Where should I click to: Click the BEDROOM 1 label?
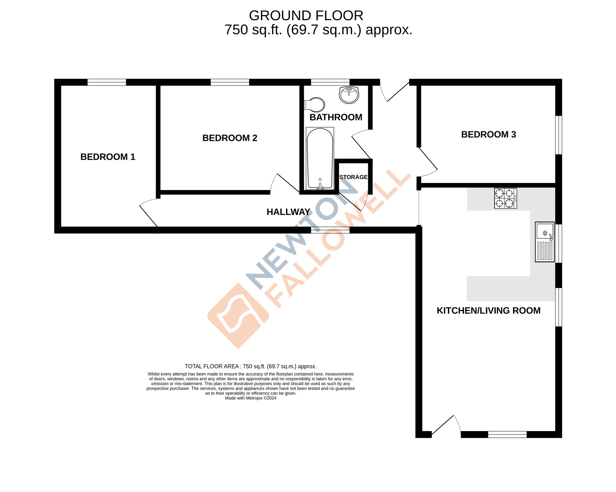point(108,157)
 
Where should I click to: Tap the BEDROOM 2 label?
point(230,138)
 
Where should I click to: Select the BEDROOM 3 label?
point(489,135)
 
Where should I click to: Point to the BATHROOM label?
point(336,117)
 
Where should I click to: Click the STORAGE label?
point(353,177)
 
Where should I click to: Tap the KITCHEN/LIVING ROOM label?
point(489,311)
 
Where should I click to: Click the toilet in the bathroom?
point(315,105)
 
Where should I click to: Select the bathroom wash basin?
point(349,94)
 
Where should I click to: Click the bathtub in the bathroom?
point(320,159)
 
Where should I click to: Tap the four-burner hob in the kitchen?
point(505,198)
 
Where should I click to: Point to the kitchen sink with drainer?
point(545,242)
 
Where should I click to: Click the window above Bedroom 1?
point(107,82)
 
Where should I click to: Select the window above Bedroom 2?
point(230,82)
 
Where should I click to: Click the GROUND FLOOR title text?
point(306,16)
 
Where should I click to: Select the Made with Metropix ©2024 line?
point(251,398)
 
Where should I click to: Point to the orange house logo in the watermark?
point(238,316)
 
